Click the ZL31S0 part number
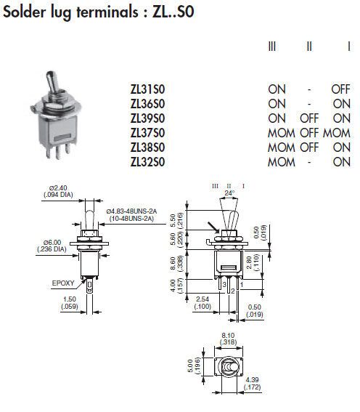147,89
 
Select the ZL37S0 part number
147,133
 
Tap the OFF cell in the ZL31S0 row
340,89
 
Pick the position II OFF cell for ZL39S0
309,118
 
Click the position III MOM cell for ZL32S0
282,162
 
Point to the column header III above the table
272,47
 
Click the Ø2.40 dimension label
58,188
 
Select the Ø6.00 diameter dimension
52,242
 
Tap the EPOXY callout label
63,283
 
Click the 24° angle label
229,193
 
